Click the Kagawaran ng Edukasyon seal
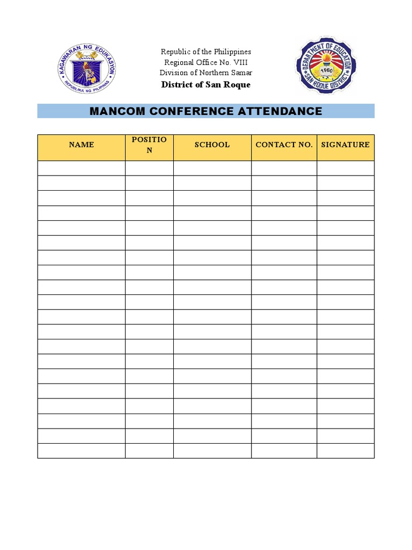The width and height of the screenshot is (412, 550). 87,68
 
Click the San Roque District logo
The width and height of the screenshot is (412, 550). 326,66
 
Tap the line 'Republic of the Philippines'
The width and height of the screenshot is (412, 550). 206,52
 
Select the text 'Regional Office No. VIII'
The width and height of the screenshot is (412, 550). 206,62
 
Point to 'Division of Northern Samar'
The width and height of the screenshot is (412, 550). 206,73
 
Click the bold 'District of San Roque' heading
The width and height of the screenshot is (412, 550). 206,84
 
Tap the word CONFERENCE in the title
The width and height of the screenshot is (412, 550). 192,111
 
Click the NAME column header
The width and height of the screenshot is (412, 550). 82,144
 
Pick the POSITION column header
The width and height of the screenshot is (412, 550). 149,145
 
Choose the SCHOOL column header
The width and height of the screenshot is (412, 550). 212,144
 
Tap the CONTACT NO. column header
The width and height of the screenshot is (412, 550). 284,144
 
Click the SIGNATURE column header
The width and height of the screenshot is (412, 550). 345,144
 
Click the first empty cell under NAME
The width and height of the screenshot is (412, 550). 82,168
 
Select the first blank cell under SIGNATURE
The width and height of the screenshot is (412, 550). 345,168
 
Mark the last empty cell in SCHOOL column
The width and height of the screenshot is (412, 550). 212,451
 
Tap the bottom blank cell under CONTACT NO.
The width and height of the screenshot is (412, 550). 284,451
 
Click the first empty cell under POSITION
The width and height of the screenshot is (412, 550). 149,168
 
